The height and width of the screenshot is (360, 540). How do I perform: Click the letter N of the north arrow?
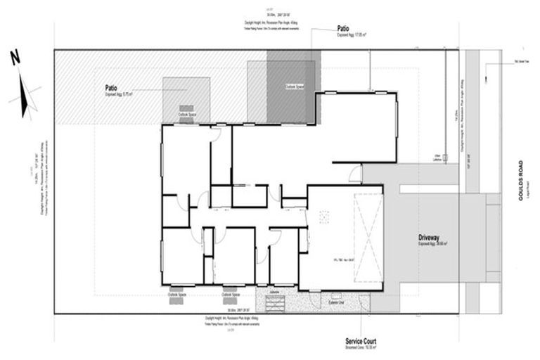(x=14, y=59)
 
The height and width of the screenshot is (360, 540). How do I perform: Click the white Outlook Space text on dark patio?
(x=294, y=86)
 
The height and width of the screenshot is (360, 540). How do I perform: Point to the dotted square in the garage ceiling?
(x=324, y=219)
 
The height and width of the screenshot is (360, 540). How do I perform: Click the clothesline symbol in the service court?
(x=274, y=303)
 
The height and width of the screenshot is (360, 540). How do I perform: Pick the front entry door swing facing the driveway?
(x=355, y=174)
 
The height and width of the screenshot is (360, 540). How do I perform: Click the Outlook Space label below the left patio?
(x=186, y=114)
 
